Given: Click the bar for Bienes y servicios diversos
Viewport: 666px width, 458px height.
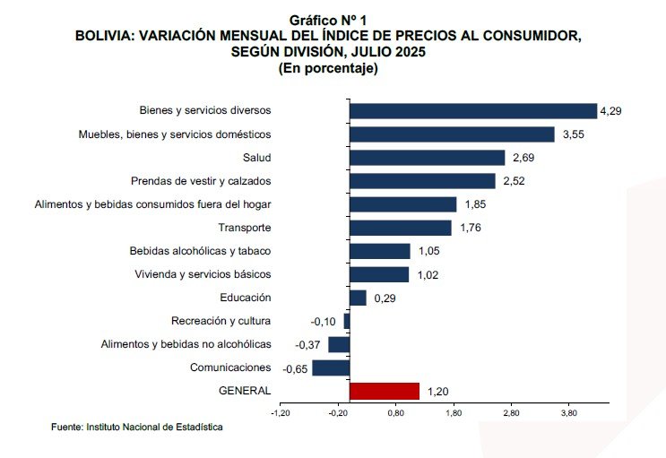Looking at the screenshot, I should (472, 111).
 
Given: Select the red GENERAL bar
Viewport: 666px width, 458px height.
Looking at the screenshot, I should (384, 391).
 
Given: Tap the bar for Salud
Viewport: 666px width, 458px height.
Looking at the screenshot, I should (427, 158).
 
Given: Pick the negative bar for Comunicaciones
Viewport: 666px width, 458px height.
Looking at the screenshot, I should (331, 367).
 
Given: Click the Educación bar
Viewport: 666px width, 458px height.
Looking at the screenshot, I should (358, 298).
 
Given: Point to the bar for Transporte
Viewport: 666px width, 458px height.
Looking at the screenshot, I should (400, 228).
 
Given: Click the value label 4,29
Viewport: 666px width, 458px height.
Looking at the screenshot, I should (610, 111).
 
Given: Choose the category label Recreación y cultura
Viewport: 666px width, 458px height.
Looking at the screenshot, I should (221, 321).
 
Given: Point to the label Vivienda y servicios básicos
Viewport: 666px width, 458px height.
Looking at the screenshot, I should (202, 274).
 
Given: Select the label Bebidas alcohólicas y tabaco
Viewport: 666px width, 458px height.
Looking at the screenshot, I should (200, 251).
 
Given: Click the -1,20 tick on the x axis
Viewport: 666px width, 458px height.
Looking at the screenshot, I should (281, 413).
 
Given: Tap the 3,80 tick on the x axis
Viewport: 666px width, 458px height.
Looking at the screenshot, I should (568, 413).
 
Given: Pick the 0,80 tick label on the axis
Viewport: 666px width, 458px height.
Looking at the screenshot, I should (395, 413).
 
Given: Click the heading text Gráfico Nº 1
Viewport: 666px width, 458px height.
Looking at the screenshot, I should (328, 19).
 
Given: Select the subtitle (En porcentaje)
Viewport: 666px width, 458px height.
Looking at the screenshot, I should (328, 67).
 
